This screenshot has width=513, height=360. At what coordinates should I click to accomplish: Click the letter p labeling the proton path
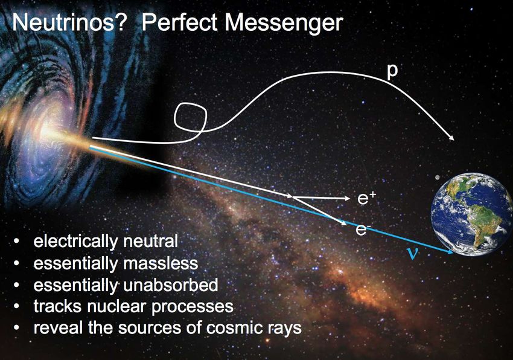(392, 72)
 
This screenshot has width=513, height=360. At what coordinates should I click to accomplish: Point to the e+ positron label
(367, 198)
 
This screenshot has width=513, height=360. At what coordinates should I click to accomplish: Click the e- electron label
(362, 230)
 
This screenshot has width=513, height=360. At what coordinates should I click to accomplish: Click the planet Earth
(471, 214)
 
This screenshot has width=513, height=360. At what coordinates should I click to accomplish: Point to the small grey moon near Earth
(438, 177)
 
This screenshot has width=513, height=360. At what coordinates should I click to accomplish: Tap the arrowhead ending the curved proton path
(451, 138)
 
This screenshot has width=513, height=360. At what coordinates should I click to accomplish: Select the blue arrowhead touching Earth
(450, 251)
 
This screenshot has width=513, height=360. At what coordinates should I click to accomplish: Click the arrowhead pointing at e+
(347, 198)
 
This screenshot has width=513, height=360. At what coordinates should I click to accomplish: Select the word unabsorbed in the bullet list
(171, 284)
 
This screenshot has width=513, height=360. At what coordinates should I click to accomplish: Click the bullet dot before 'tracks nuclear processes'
(17, 307)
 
